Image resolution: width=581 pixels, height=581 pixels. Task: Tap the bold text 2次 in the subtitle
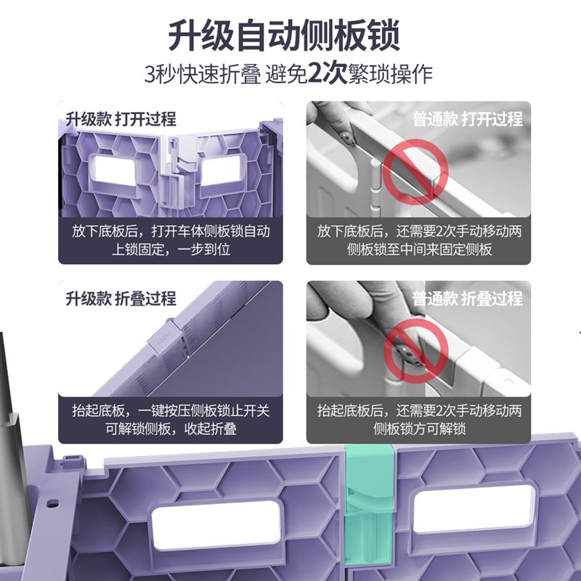point(325,74)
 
